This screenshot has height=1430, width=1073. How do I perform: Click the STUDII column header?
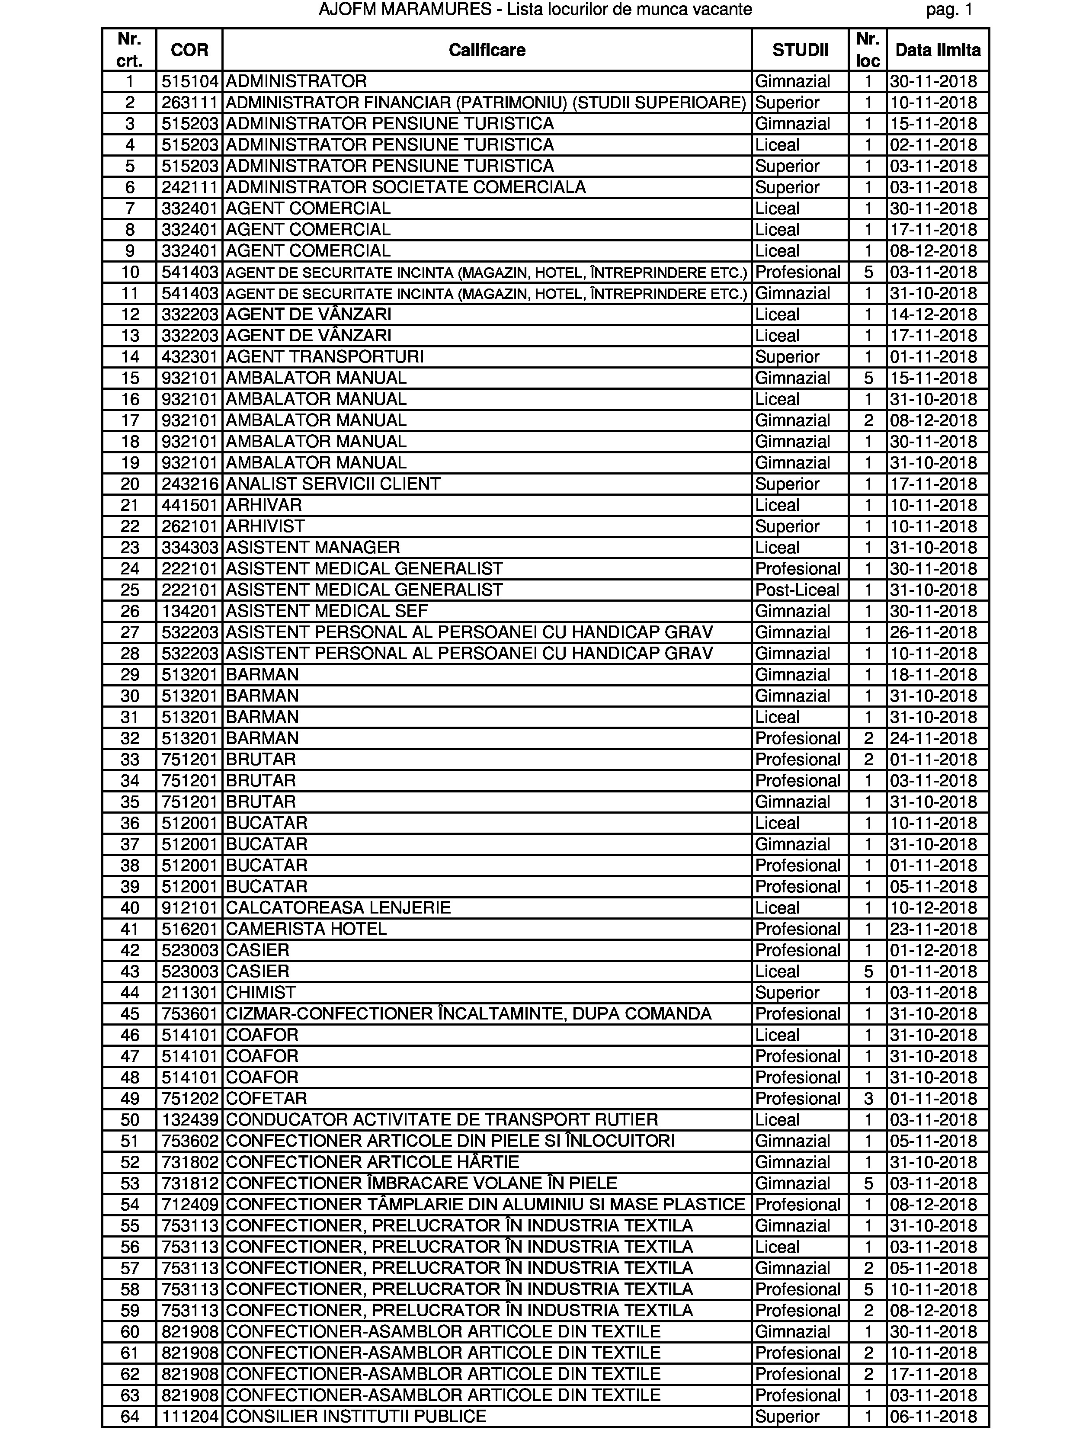800,50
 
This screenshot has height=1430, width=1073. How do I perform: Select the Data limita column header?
937,50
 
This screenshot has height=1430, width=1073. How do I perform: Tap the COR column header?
189,50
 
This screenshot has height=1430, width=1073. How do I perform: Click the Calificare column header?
487,50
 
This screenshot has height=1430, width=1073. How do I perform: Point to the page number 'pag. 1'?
949,10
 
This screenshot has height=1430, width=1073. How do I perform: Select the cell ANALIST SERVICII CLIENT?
333,484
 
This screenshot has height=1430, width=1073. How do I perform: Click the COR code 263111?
189,102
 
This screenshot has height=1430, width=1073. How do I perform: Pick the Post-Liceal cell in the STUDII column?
797,590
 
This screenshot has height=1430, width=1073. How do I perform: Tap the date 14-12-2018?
933,314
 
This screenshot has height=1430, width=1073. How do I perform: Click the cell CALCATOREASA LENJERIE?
338,907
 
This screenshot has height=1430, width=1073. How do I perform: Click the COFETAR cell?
266,1098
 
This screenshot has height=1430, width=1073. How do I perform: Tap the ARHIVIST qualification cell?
265,526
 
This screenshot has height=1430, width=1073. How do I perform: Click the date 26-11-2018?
933,632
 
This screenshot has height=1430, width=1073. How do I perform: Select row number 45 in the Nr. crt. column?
130,1013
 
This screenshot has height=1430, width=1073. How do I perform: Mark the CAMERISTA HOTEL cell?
306,929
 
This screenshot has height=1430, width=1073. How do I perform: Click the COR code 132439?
189,1120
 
